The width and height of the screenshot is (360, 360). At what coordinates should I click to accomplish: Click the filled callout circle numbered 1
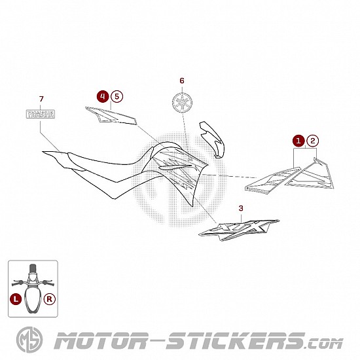pos(298,141)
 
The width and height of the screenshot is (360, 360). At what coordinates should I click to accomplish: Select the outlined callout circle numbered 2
pos(313,141)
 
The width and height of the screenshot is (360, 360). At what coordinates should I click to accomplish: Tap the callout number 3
pos(241,208)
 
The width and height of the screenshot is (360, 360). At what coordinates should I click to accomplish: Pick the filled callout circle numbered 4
pos(103,96)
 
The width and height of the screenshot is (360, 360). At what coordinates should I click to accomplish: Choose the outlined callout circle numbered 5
pos(117,96)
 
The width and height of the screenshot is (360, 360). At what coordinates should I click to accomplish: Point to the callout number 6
pos(182,81)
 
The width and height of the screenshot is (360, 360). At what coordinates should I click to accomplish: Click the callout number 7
pos(41,99)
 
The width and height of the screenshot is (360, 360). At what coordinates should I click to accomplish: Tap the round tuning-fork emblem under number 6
pos(183,102)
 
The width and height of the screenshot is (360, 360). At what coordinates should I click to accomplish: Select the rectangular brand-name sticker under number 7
pos(41,114)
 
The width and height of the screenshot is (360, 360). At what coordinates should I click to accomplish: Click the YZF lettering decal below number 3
pos(239,230)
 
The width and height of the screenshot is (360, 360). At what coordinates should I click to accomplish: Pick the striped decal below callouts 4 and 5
pos(111,115)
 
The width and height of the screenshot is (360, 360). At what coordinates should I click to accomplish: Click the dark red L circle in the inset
pos(16,299)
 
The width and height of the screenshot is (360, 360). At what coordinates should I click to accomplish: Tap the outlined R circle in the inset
pos(50,299)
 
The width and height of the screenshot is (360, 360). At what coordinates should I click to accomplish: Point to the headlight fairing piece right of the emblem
pos(211,139)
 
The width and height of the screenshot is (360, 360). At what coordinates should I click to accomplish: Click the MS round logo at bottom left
pos(29,340)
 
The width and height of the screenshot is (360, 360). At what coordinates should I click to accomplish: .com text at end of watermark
pos(325,344)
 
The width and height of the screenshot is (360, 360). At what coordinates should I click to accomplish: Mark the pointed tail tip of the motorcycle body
pos(43,152)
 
